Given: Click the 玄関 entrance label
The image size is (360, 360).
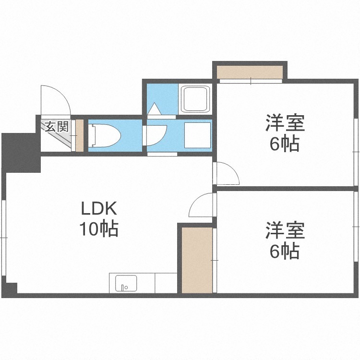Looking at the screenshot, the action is (x=57, y=127).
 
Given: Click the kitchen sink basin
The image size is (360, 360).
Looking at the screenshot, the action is (x=126, y=283).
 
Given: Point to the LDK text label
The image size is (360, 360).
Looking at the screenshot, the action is (x=99, y=208).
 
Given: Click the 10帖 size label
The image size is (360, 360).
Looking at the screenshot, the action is (x=99, y=228).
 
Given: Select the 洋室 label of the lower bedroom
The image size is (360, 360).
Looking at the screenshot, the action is (x=285, y=230).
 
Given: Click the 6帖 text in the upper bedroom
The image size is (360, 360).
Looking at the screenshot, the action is (x=285, y=144).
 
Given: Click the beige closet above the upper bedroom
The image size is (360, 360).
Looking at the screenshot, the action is (x=250, y=72).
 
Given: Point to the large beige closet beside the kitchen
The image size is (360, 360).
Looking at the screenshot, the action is (x=197, y=260).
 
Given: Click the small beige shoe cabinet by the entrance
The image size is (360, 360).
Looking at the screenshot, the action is (x=79, y=135).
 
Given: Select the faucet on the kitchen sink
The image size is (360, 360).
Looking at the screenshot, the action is (x=123, y=288).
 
